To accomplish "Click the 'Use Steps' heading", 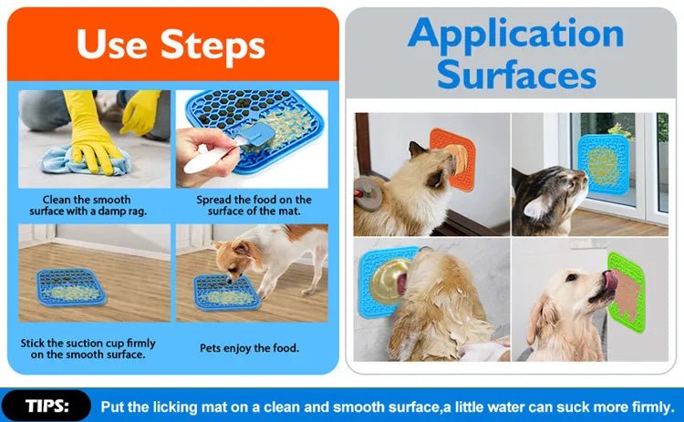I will (171, 44).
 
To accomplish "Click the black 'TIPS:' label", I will (46, 406).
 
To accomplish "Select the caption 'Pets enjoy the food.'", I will (249, 348).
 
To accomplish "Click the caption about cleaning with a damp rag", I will (87, 205).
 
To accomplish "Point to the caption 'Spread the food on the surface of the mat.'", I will (254, 205).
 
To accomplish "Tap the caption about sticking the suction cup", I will (88, 348).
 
